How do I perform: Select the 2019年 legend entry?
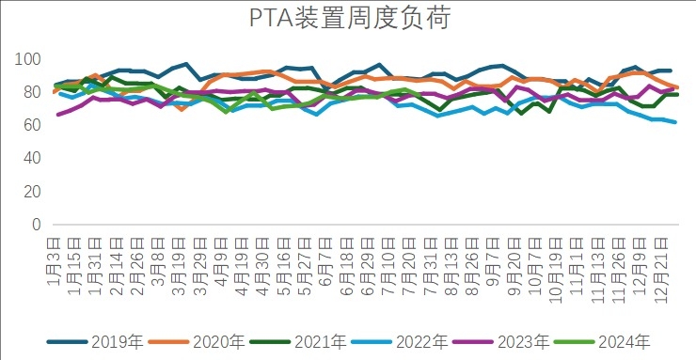coord(115,340)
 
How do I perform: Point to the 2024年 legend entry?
coord(625,340)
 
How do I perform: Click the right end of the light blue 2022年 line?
coord(674,122)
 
